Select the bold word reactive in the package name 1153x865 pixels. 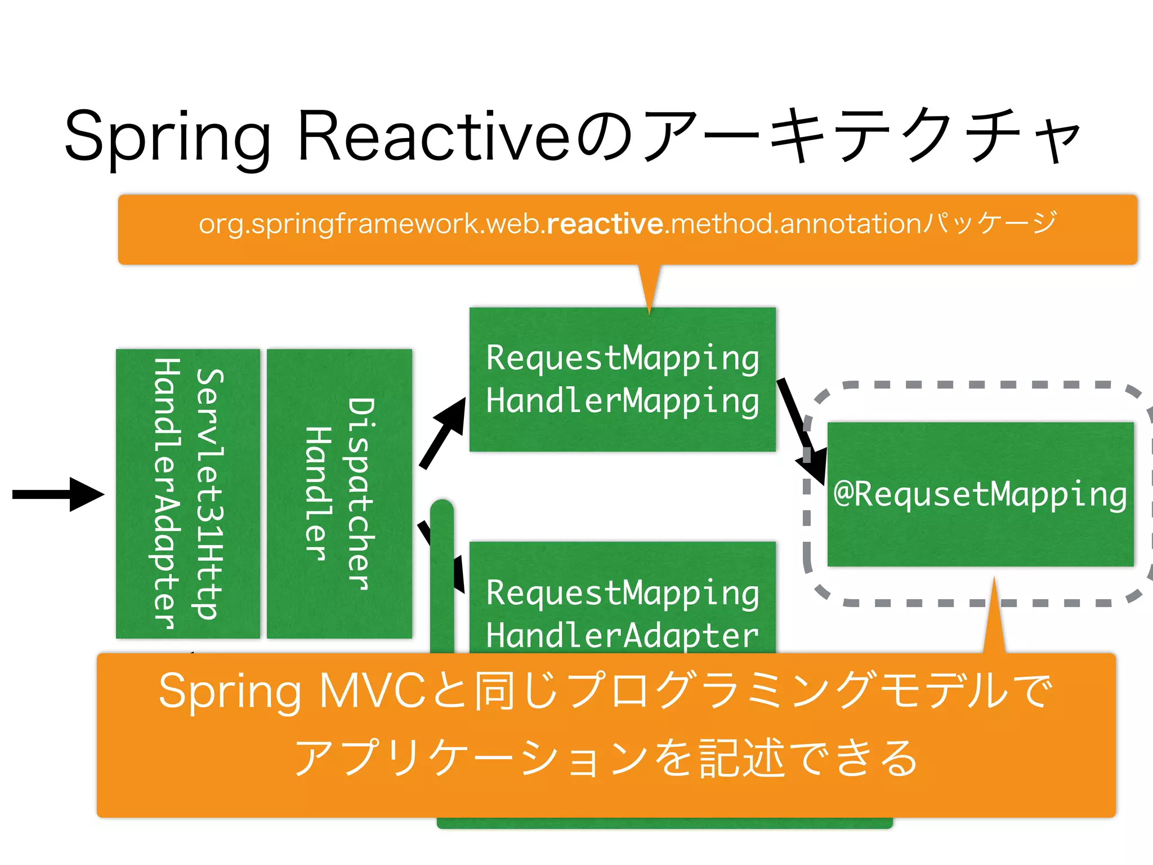(x=605, y=224)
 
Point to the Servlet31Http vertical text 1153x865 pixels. (x=209, y=494)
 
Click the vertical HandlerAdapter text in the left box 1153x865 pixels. (x=166, y=494)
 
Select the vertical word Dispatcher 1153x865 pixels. (x=360, y=494)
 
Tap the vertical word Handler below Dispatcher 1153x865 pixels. (x=318, y=494)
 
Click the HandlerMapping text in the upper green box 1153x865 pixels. (x=622, y=401)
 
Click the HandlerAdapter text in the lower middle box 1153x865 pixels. (x=622, y=635)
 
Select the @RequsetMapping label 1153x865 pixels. (x=980, y=494)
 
